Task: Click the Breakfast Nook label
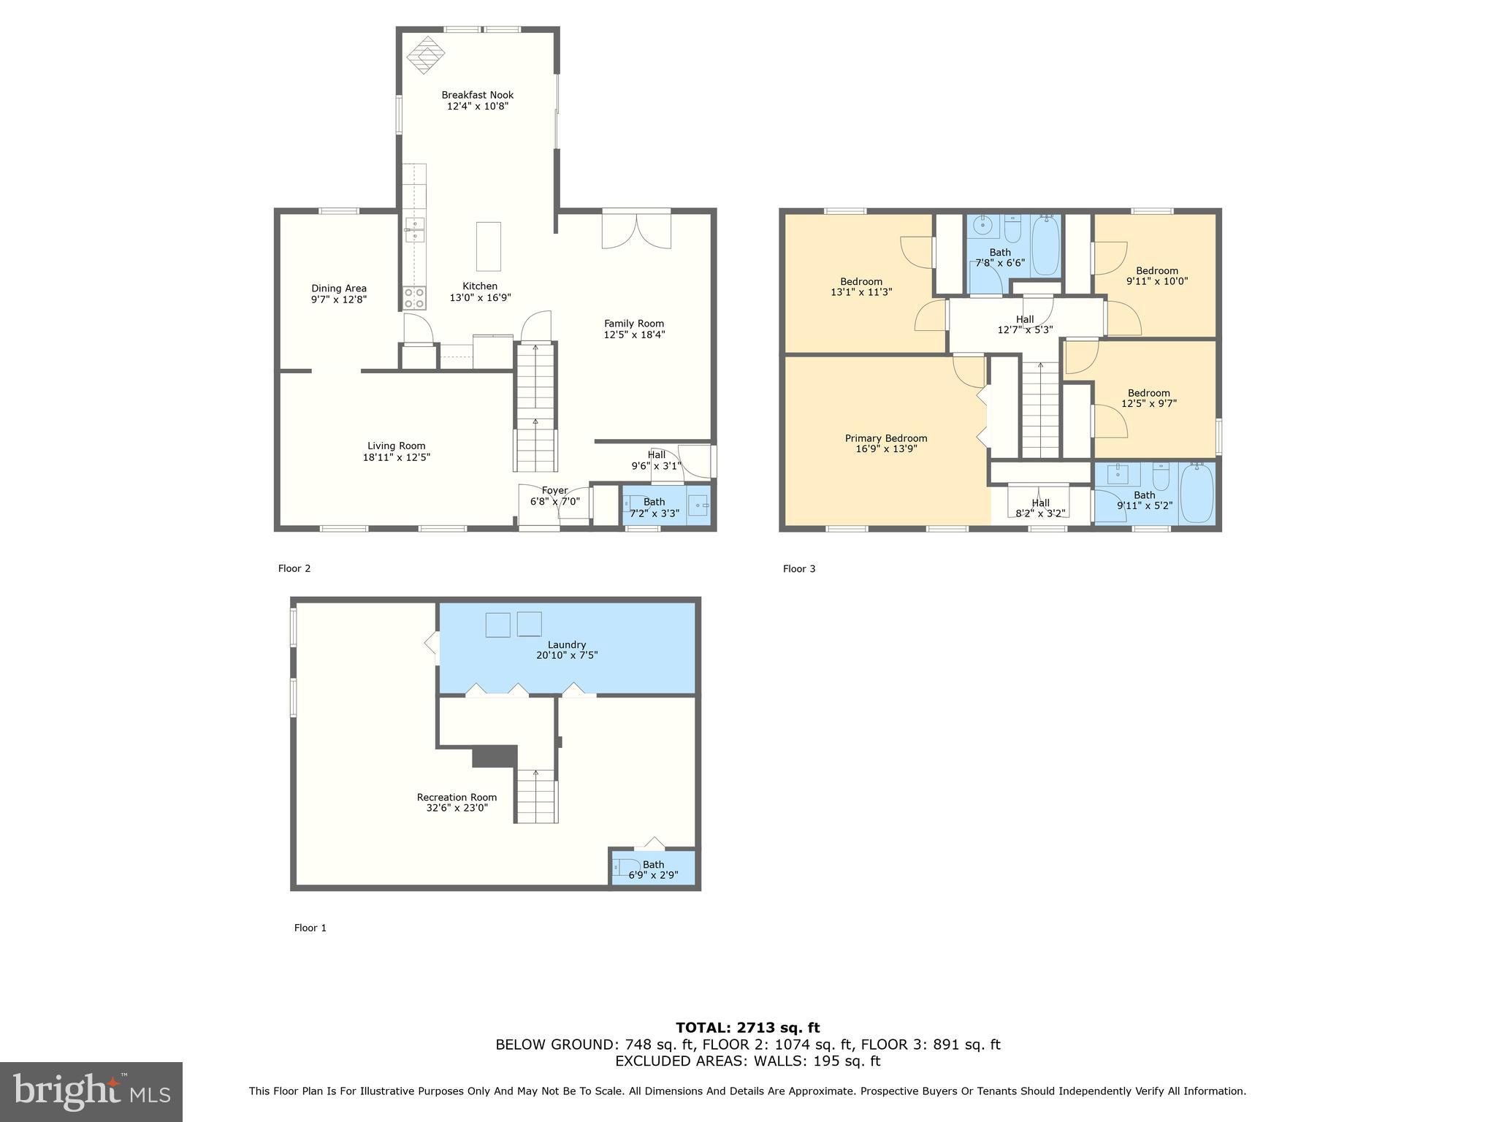(x=477, y=95)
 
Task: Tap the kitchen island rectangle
(x=489, y=247)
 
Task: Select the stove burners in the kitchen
(x=415, y=298)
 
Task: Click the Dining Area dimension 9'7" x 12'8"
(x=338, y=299)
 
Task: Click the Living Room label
(x=396, y=446)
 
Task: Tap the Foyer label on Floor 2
(x=554, y=490)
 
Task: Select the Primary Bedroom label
(x=885, y=438)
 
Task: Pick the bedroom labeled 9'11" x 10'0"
(x=1156, y=275)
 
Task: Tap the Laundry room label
(x=566, y=645)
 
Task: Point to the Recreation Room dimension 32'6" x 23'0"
(x=457, y=808)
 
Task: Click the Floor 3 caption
(x=798, y=568)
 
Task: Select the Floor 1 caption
(x=310, y=928)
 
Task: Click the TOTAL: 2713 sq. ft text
(x=747, y=1028)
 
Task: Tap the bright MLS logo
(x=91, y=1091)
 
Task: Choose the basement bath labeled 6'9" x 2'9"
(x=653, y=869)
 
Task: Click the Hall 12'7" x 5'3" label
(x=1024, y=324)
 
